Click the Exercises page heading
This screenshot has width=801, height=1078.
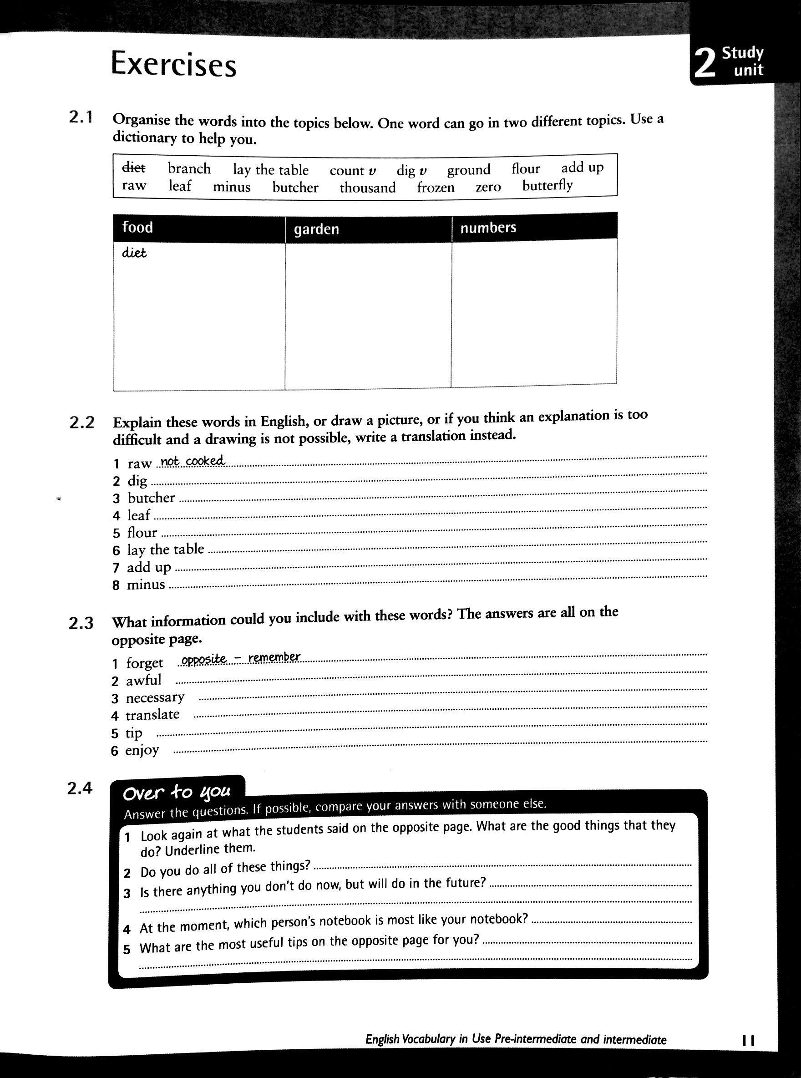click(173, 65)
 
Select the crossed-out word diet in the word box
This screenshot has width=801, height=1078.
click(133, 168)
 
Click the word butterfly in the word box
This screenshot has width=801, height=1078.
click(548, 185)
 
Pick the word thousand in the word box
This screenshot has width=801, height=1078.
click(368, 187)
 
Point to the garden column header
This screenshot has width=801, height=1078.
click(316, 229)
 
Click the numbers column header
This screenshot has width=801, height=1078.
click(488, 228)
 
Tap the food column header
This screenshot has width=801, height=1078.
click(138, 228)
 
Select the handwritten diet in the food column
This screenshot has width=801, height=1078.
click(134, 253)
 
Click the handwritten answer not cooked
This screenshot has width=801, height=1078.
click(193, 461)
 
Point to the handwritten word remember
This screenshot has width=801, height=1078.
click(274, 657)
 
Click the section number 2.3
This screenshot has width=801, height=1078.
click(81, 623)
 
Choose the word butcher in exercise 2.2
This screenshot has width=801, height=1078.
click(151, 498)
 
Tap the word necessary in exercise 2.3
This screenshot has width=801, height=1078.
click(155, 698)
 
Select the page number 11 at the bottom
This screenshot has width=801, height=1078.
click(748, 1039)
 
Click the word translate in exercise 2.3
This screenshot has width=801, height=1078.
click(153, 715)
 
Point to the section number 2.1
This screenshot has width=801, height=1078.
click(81, 117)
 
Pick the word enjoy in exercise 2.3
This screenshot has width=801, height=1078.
click(142, 750)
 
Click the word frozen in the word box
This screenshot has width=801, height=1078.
click(436, 187)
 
